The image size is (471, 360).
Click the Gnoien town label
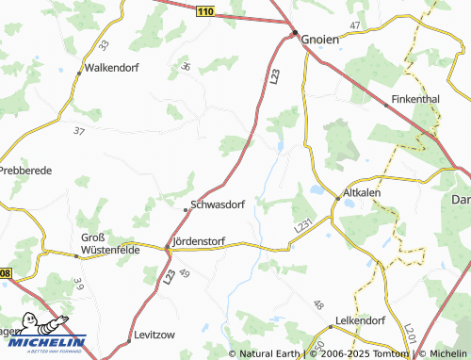click(319, 41)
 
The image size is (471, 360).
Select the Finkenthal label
click(414, 97)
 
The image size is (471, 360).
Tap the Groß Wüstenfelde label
click(109, 243)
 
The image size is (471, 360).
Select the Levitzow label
click(155, 336)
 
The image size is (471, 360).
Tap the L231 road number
click(301, 226)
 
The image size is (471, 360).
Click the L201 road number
click(409, 332)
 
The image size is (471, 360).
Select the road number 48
click(318, 305)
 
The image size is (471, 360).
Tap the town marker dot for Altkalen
click(336, 197)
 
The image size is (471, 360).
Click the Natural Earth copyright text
click(273, 353)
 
